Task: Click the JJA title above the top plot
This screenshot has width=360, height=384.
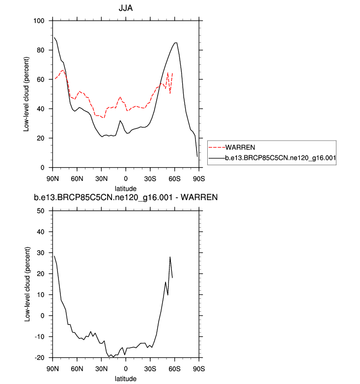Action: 126,8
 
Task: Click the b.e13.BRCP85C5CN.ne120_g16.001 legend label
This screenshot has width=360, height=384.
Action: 279,158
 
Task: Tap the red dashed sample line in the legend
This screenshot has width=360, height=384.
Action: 217,147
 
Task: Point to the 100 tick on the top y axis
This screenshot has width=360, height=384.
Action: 39,21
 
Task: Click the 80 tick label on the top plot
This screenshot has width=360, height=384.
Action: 41,50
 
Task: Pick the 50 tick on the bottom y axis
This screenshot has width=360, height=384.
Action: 41,211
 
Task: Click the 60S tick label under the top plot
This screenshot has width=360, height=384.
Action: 174,178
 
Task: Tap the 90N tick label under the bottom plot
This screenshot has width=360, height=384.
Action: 53,368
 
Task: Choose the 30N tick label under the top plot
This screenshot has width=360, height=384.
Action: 101,178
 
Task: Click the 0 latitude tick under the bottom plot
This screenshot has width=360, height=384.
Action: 126,368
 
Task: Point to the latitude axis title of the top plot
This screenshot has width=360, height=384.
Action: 126,188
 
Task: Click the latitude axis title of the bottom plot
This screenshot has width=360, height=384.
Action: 126,379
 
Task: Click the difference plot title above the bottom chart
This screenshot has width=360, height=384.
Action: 126,198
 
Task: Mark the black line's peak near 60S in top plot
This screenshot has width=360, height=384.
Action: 176,43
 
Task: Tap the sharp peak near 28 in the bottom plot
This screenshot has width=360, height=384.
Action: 170,257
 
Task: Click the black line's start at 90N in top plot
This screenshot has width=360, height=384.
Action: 54,37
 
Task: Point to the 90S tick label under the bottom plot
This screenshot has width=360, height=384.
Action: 199,368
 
